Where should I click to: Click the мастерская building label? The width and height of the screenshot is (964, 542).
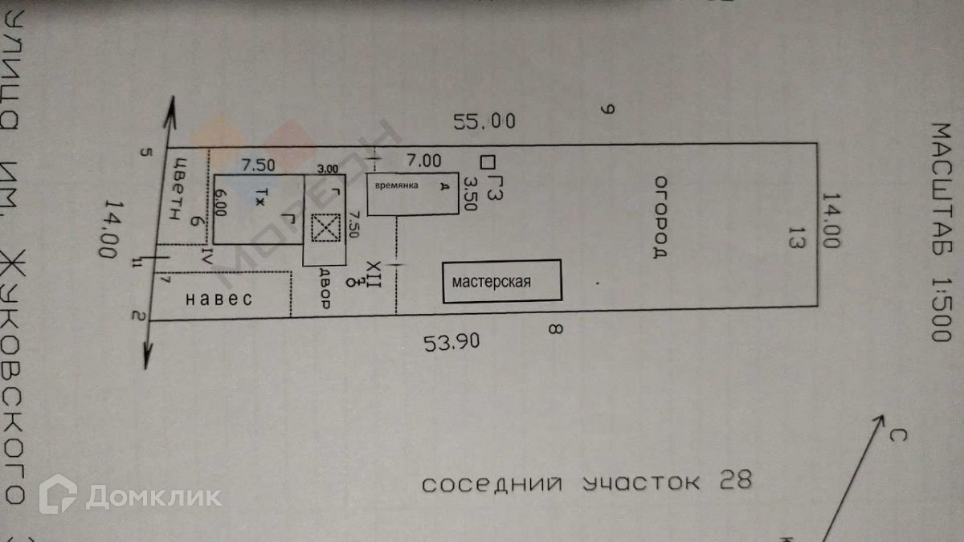point(492,282)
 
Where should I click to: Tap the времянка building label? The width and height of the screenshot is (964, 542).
point(394,185)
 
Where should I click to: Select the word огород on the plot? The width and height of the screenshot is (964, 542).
point(660,216)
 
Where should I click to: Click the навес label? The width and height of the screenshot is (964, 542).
point(219,300)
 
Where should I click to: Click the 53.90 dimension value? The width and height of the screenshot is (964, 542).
point(452,344)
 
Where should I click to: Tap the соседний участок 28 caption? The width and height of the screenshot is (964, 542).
point(587,483)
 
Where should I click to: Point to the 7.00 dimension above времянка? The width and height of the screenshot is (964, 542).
point(423,160)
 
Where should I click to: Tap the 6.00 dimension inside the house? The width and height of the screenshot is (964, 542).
point(221,202)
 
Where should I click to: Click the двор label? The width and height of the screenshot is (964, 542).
point(324,291)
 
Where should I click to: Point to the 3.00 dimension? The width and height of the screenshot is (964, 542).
point(328,170)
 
